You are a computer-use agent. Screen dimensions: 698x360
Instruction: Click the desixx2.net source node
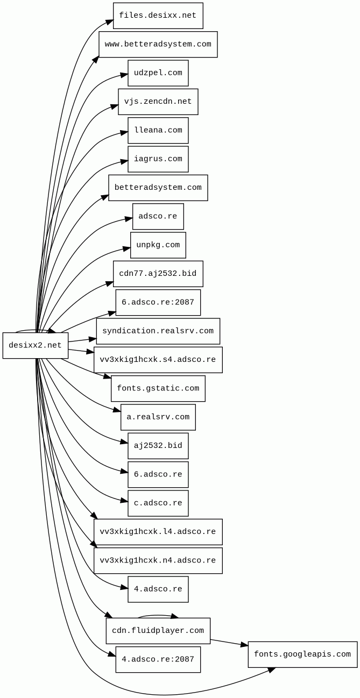(36, 345)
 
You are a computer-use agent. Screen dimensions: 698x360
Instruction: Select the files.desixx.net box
(158, 16)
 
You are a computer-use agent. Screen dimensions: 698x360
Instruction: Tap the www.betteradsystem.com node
(158, 44)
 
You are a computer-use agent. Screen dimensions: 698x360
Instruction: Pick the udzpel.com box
(158, 73)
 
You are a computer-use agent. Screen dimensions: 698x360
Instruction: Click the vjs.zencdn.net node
(158, 102)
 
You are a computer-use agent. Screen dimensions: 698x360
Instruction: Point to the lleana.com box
(158, 130)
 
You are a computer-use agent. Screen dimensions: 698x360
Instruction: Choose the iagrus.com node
(158, 159)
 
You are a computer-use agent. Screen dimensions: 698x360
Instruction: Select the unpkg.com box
(158, 245)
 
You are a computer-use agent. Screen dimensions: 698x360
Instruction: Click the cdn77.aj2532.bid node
(158, 274)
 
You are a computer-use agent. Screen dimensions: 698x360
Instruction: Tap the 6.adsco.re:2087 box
(158, 302)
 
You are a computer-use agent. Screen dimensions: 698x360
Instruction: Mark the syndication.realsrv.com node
(158, 331)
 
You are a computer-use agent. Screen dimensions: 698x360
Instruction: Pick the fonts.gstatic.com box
(158, 388)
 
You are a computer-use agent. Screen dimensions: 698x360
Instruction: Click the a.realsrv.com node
(158, 417)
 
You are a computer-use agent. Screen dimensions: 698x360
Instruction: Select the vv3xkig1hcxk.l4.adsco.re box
(158, 532)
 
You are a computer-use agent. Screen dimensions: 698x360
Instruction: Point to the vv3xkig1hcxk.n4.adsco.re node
(158, 560)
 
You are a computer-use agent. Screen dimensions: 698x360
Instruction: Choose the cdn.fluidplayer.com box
(158, 631)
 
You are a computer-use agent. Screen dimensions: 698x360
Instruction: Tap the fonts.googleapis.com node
(302, 654)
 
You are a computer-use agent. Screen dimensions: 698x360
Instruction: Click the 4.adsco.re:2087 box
(158, 659)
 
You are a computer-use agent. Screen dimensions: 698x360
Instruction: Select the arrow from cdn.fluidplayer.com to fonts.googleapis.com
(229, 643)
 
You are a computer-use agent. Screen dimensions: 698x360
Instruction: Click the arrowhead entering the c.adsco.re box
(124, 501)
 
